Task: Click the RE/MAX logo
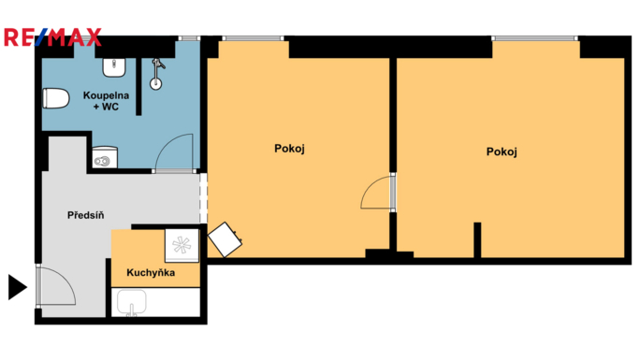pyautogui.click(x=52, y=37)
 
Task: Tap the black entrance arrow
pyautogui.click(x=18, y=287)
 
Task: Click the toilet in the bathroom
pyautogui.click(x=56, y=98)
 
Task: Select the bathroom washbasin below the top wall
pyautogui.click(x=114, y=67)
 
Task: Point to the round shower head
pyautogui.click(x=155, y=84)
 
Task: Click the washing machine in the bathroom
pyautogui.click(x=105, y=158)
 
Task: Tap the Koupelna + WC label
pyautogui.click(x=106, y=101)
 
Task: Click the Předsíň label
pyautogui.click(x=86, y=215)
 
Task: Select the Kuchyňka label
pyautogui.click(x=151, y=272)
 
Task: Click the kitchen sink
pyautogui.click(x=131, y=303)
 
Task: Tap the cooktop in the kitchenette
pyautogui.click(x=182, y=245)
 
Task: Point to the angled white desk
pyautogui.click(x=225, y=239)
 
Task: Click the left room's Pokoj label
pyautogui.click(x=289, y=149)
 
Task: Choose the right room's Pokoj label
pyautogui.click(x=502, y=151)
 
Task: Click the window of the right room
pyautogui.click(x=534, y=38)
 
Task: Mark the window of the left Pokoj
pyautogui.click(x=253, y=38)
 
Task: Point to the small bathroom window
pyautogui.click(x=189, y=38)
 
